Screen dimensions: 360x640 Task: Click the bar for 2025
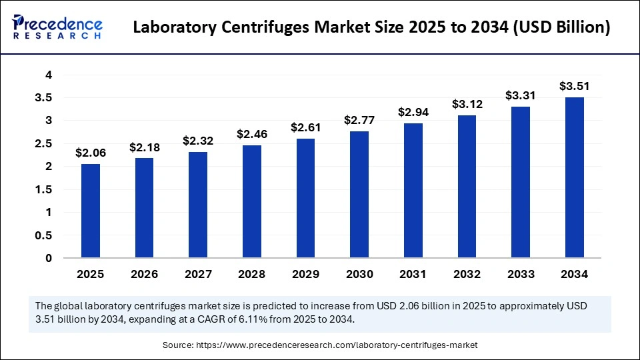[90, 211]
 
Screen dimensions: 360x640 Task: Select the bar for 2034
[574, 177]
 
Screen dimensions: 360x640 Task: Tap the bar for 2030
[359, 194]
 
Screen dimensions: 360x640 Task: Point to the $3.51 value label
[574, 86]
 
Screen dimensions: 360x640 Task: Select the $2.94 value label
[413, 112]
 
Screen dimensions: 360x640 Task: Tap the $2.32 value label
[197, 141]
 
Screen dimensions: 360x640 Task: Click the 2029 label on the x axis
[305, 273]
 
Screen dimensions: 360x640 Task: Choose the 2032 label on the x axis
[467, 273]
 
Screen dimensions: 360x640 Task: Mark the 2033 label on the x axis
[521, 273]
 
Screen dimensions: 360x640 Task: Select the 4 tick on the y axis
[49, 75]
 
